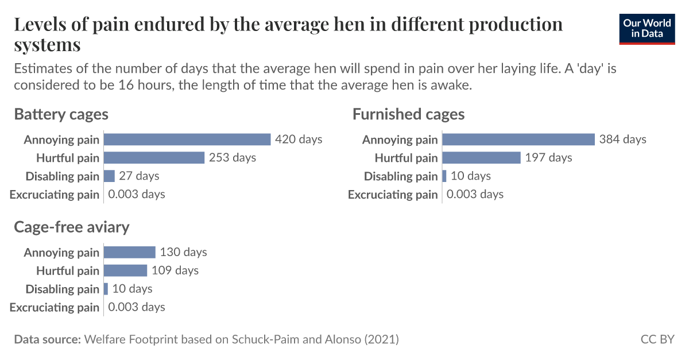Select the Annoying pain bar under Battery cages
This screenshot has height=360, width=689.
coord(187,140)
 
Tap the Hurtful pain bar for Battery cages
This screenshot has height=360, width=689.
coord(154,158)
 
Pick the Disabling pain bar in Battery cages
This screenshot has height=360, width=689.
coord(109,176)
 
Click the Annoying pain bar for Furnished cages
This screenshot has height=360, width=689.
coord(518,140)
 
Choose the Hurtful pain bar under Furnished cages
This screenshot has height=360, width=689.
coord(481,158)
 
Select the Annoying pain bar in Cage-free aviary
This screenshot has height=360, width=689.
coord(129,252)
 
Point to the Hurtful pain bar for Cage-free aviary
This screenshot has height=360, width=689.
coord(125,270)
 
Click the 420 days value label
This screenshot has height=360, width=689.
coord(299,140)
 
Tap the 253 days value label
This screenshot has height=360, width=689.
coord(233,158)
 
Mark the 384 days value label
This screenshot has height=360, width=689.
coord(622,140)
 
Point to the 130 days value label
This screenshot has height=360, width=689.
coord(183,252)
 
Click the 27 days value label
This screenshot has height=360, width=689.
coord(140,176)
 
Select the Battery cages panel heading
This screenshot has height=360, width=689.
coord(61,114)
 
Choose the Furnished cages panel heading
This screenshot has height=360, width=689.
coord(408,114)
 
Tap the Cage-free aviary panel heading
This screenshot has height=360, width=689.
coord(72,227)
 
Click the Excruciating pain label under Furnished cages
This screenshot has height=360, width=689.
coord(393,195)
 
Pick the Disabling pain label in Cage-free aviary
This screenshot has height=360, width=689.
coord(63,289)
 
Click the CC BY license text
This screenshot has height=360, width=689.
coord(657,339)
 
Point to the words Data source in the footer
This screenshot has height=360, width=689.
coord(47,339)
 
